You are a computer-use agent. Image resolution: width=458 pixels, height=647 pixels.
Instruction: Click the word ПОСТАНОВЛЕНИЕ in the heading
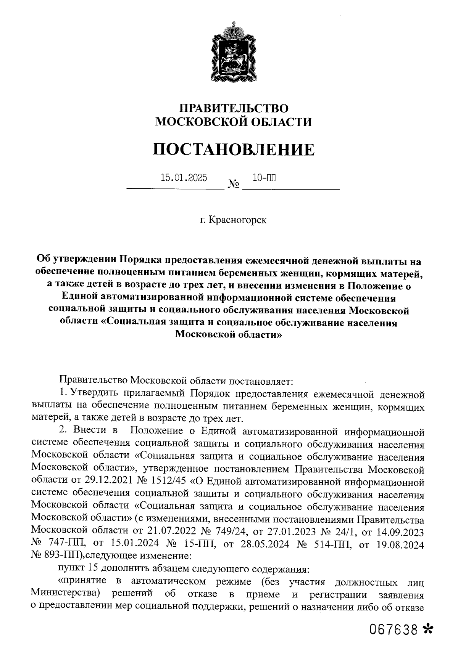click(x=234, y=149)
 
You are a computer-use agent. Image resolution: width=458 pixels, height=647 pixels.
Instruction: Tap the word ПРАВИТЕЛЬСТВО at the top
click(x=234, y=108)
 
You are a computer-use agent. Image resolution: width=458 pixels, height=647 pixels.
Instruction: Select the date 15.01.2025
click(x=184, y=177)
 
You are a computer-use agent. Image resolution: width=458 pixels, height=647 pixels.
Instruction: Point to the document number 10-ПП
click(x=264, y=177)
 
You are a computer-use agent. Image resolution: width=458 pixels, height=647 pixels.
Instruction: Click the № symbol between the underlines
click(x=233, y=185)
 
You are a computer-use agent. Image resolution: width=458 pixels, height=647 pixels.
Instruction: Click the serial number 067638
click(x=393, y=629)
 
